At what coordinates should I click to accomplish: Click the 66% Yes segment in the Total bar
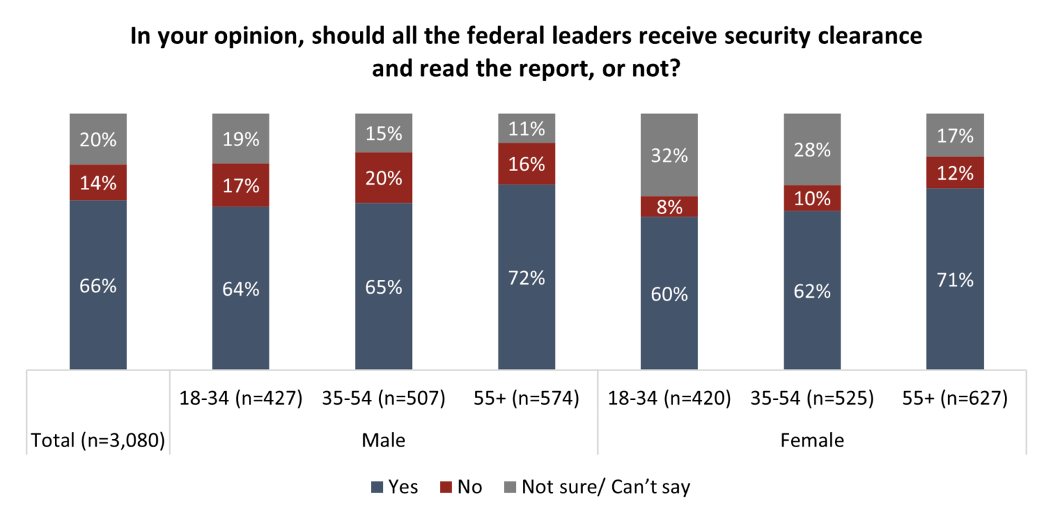(x=98, y=285)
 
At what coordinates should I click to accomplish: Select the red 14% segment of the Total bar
(x=98, y=182)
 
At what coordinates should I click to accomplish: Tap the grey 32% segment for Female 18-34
(x=669, y=155)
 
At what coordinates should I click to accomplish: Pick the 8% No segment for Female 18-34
(x=669, y=206)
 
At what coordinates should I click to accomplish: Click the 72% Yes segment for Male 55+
(x=526, y=277)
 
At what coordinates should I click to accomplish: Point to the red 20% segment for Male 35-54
(x=383, y=178)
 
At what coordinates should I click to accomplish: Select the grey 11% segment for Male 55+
(x=526, y=128)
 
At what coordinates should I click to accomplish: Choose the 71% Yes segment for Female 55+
(x=954, y=278)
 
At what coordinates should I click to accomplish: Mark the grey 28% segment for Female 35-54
(x=812, y=150)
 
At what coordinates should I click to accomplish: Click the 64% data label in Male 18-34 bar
(x=241, y=289)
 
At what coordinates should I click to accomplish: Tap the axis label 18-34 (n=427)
(x=241, y=399)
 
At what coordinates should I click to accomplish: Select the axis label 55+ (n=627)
(x=954, y=399)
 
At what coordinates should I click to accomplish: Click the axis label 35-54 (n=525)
(x=812, y=399)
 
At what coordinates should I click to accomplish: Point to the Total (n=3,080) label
(x=98, y=440)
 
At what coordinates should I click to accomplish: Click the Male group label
(x=383, y=440)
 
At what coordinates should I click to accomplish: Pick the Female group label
(x=812, y=440)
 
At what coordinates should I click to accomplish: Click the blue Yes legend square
(x=376, y=488)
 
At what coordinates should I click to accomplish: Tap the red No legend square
(x=446, y=488)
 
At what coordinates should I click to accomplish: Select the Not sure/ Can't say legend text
(x=605, y=487)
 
